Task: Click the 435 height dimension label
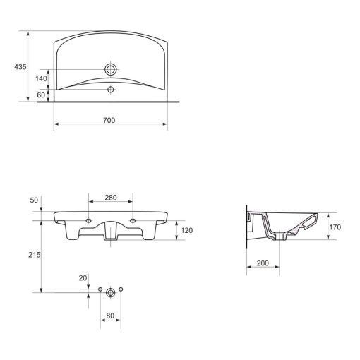(x=20, y=67)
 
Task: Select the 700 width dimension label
(x=109, y=120)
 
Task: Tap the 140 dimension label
(x=41, y=78)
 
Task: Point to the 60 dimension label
(x=41, y=95)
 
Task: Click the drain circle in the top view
(x=111, y=69)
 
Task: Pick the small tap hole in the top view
(x=111, y=90)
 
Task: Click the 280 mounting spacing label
(x=111, y=198)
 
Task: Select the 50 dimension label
(x=34, y=200)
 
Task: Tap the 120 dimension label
(x=187, y=230)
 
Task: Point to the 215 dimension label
(x=35, y=255)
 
